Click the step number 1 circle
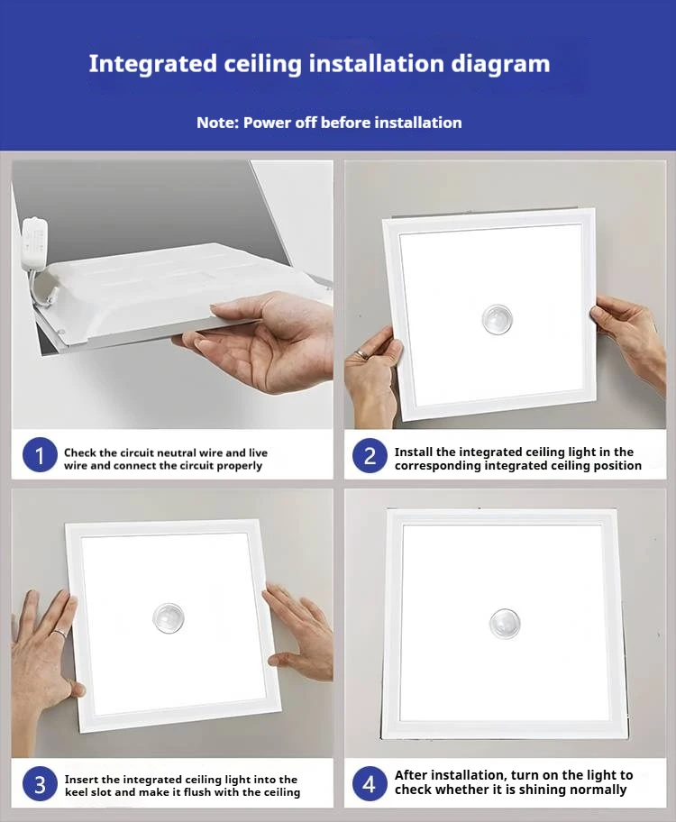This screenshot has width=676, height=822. point(40,455)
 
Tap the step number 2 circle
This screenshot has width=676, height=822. point(370,455)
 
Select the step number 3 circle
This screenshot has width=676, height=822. point(40,784)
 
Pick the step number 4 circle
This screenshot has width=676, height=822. point(370,784)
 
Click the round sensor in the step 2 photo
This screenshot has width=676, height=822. point(497,319)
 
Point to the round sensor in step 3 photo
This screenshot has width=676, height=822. point(169,617)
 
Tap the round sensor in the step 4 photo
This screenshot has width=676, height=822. point(505,624)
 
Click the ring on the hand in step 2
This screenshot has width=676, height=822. point(362,355)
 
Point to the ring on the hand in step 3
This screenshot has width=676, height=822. point(59,635)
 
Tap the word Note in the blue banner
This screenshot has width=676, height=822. point(217,123)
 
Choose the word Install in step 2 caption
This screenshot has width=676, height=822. point(413,452)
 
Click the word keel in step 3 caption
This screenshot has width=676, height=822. point(76,791)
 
